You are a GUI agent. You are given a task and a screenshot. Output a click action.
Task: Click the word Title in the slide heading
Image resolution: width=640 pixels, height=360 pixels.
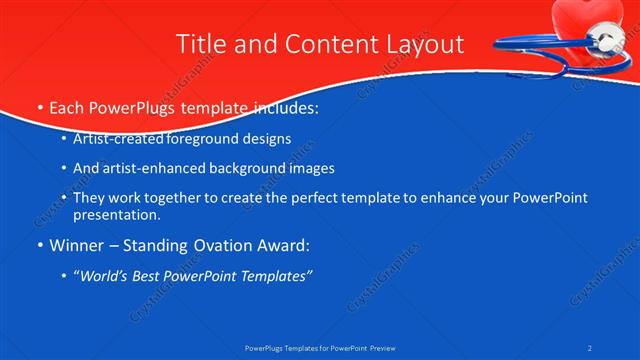pos(200,44)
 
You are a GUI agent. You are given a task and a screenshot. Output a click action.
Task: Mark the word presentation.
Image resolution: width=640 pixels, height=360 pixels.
pos(117,214)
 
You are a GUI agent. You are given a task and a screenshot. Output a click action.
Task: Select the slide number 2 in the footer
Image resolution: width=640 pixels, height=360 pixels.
pos(591,347)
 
